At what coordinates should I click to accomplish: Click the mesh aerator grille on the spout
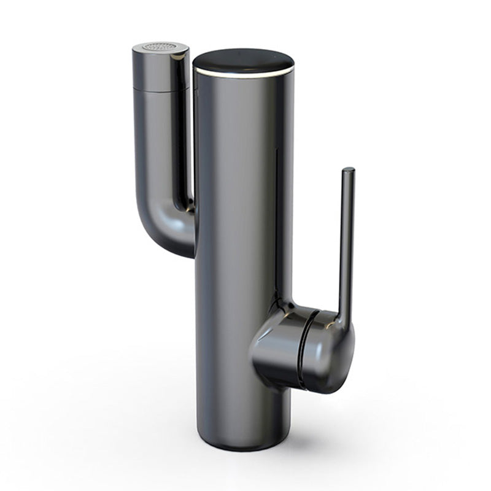pos(158,47)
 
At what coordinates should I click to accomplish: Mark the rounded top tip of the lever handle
pos(348,171)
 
